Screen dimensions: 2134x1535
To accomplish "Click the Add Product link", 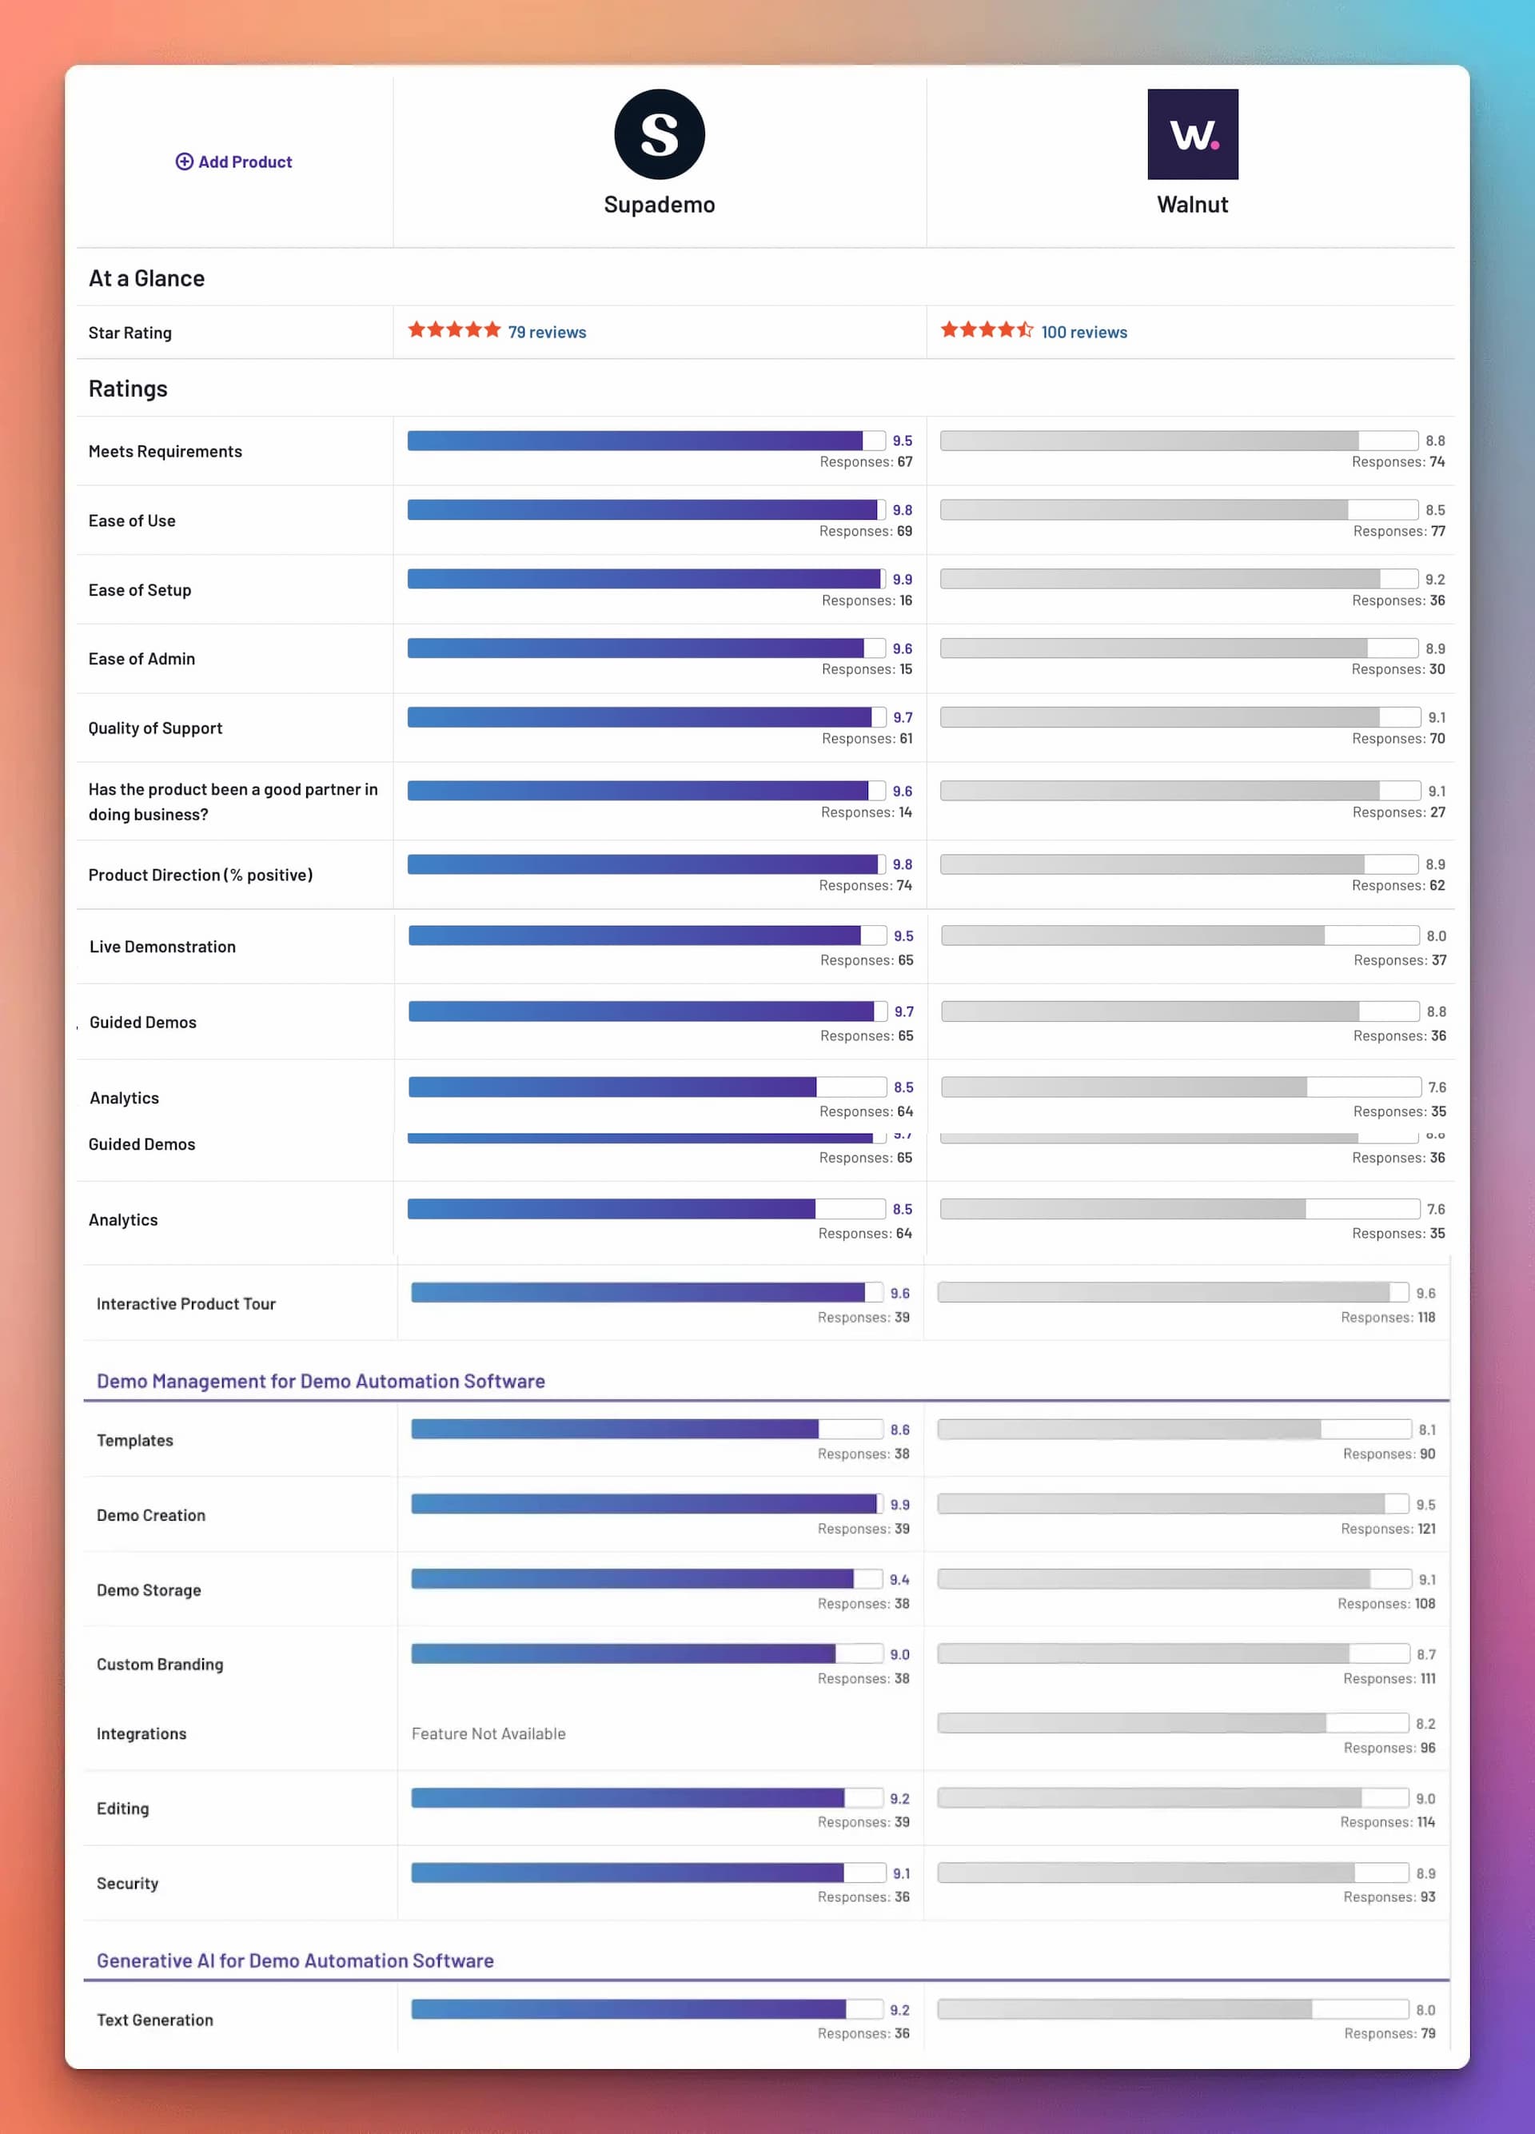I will [234, 162].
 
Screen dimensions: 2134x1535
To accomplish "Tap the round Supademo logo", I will [660, 134].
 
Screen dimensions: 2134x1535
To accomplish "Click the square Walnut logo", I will [1192, 134].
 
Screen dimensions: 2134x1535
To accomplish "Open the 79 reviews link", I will [547, 332].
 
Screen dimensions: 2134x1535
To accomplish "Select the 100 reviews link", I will [1083, 332].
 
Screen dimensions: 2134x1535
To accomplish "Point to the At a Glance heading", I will [147, 278].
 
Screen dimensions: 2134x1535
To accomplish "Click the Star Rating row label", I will [130, 333].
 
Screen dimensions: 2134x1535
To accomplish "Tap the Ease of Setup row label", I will [140, 590].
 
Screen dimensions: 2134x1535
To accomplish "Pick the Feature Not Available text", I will [488, 1733].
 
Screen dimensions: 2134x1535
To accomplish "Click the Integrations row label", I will [142, 1733].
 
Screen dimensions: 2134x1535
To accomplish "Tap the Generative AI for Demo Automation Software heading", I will [295, 1960].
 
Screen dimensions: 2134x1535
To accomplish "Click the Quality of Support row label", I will [155, 728].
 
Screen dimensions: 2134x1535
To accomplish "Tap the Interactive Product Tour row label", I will [186, 1303].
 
